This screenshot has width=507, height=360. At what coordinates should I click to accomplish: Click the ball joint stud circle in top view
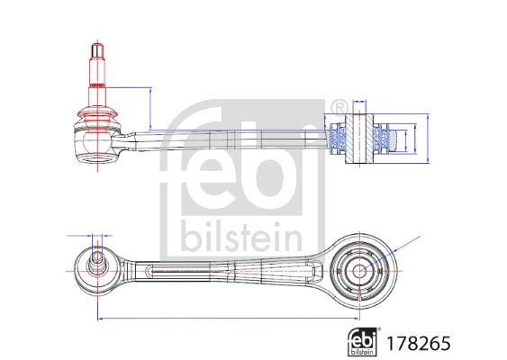[x=96, y=264]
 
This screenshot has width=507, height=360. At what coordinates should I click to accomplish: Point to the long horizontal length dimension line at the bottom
[x=225, y=318]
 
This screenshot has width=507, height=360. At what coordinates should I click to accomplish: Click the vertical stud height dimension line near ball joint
[x=149, y=108]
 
